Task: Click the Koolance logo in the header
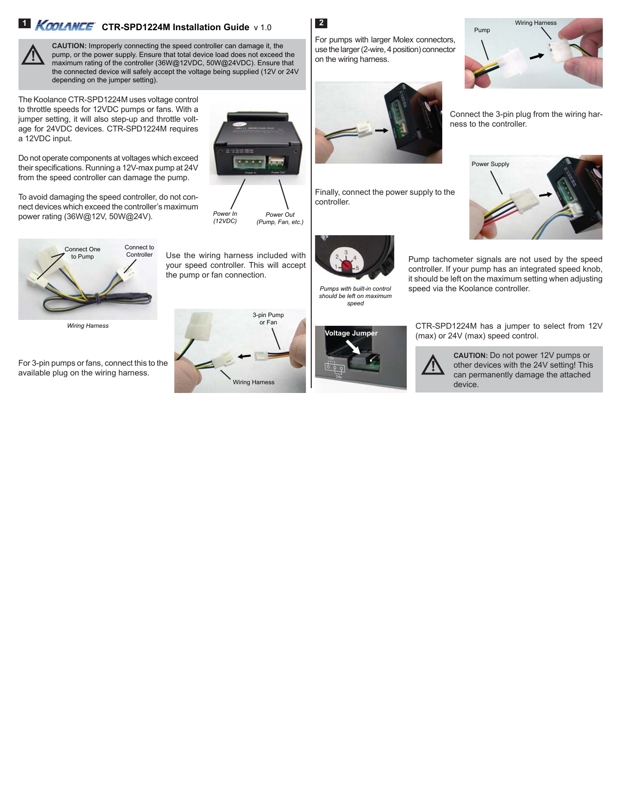pyautogui.click(x=65, y=26)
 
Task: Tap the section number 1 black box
pyautogui.click(x=24, y=23)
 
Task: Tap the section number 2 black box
pyautogui.click(x=321, y=23)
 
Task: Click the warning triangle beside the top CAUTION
pyautogui.click(x=33, y=55)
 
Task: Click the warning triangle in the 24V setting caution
pyautogui.click(x=433, y=365)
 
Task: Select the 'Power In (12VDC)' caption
pyautogui.click(x=225, y=217)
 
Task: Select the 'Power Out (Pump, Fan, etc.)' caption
pyautogui.click(x=280, y=218)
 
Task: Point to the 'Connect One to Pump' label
pyautogui.click(x=82, y=253)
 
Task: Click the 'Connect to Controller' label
pyautogui.click(x=139, y=251)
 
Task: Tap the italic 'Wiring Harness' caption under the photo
pyautogui.click(x=88, y=326)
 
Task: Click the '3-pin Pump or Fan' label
pyautogui.click(x=268, y=318)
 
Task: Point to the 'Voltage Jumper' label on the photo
pyautogui.click(x=351, y=333)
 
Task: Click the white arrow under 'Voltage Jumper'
pyautogui.click(x=353, y=347)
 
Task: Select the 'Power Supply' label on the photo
pyautogui.click(x=490, y=164)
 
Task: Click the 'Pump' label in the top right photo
pyautogui.click(x=482, y=30)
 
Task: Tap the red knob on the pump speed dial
pyautogui.click(x=347, y=265)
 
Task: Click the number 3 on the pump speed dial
pyautogui.click(x=346, y=253)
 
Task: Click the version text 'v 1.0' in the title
pyautogui.click(x=263, y=28)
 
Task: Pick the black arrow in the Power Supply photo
pyautogui.click(x=546, y=195)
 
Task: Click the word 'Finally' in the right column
pyautogui.click(x=327, y=192)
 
